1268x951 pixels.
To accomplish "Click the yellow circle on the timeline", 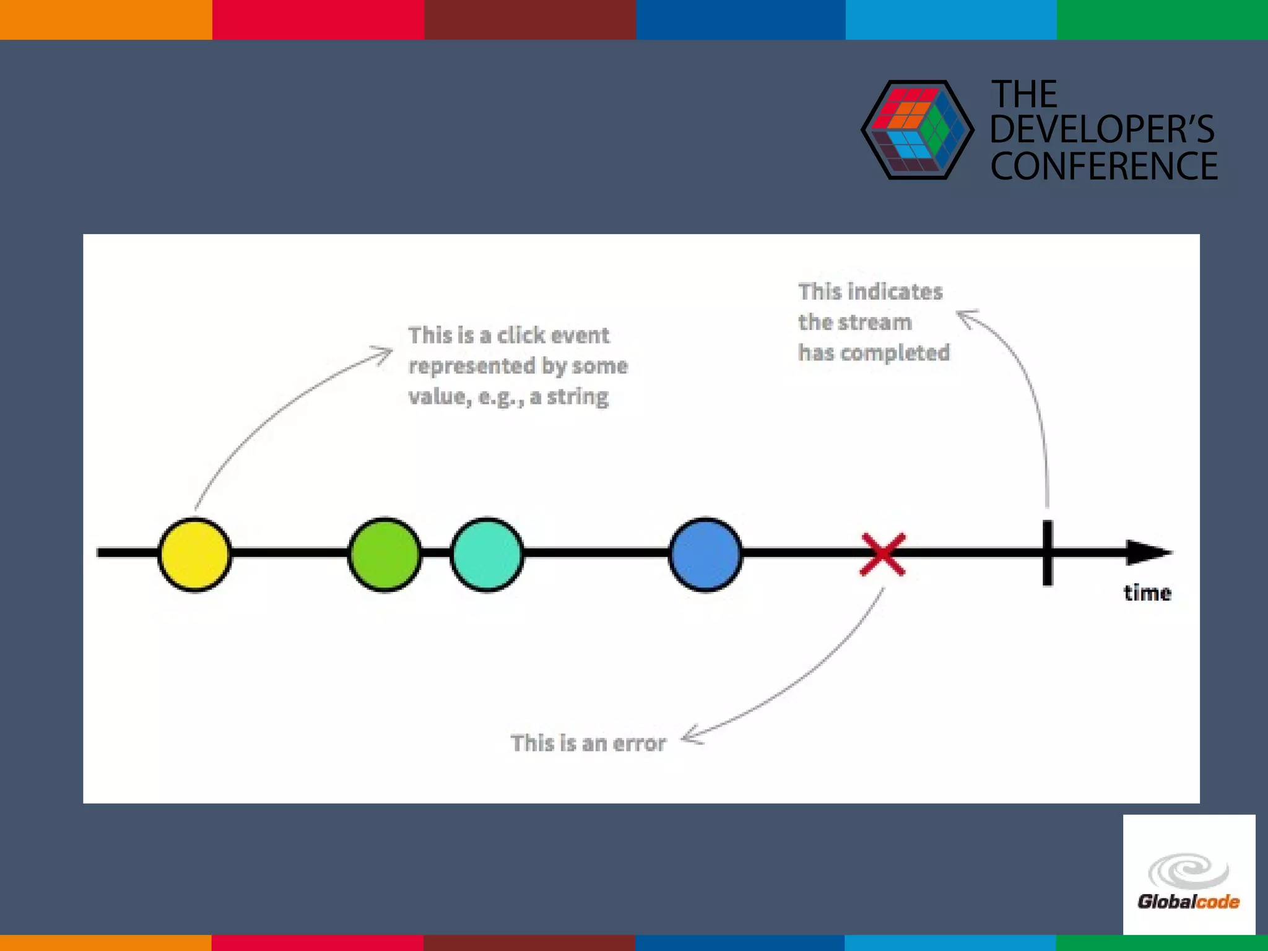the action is click(194, 554).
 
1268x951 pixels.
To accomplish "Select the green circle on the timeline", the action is click(384, 554).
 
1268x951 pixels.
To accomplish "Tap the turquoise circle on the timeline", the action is click(487, 554).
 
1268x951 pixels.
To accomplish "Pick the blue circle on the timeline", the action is click(705, 554).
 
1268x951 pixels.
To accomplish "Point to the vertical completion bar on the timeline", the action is click(1047, 553).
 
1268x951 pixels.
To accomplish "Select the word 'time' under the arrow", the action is click(1147, 593).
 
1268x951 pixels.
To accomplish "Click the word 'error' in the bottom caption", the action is click(640, 743).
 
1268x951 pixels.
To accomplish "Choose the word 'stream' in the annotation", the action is click(875, 323).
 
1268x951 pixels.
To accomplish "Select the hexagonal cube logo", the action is click(916, 130).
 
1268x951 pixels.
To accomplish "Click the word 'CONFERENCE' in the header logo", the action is click(1104, 166).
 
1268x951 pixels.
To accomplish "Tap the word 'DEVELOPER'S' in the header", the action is click(1102, 129).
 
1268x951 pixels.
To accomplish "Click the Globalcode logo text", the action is click(1188, 901).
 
